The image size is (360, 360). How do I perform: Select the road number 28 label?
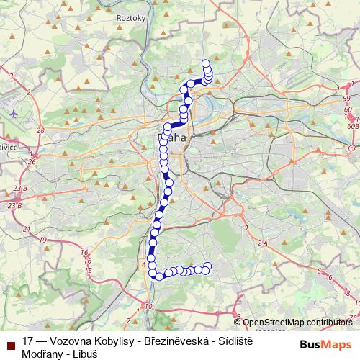point(40,130)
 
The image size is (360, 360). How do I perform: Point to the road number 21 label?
point(27,229)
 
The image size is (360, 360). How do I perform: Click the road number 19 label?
point(44,240)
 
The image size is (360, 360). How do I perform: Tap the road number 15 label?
point(89,270)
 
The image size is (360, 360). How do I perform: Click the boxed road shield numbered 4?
point(144,265)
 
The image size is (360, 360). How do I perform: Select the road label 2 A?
point(262,244)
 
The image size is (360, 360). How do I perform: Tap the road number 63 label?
point(351,148)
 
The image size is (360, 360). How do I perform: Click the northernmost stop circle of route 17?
point(207,63)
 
